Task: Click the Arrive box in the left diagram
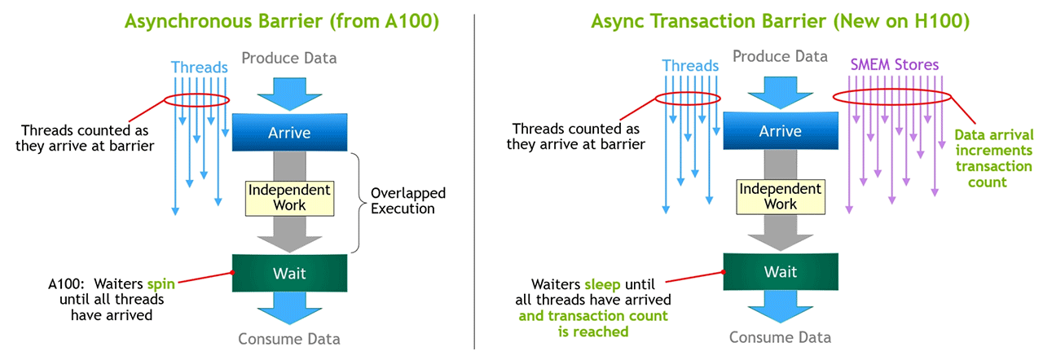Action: [289, 132]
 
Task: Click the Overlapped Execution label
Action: [403, 201]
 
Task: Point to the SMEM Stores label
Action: [894, 64]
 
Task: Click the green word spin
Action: [161, 285]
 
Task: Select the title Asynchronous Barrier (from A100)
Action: [282, 21]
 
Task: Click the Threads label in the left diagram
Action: [198, 66]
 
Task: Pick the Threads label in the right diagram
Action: [690, 65]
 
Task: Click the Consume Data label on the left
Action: [289, 339]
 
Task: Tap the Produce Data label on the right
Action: [780, 56]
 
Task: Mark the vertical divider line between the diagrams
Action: [474, 179]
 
